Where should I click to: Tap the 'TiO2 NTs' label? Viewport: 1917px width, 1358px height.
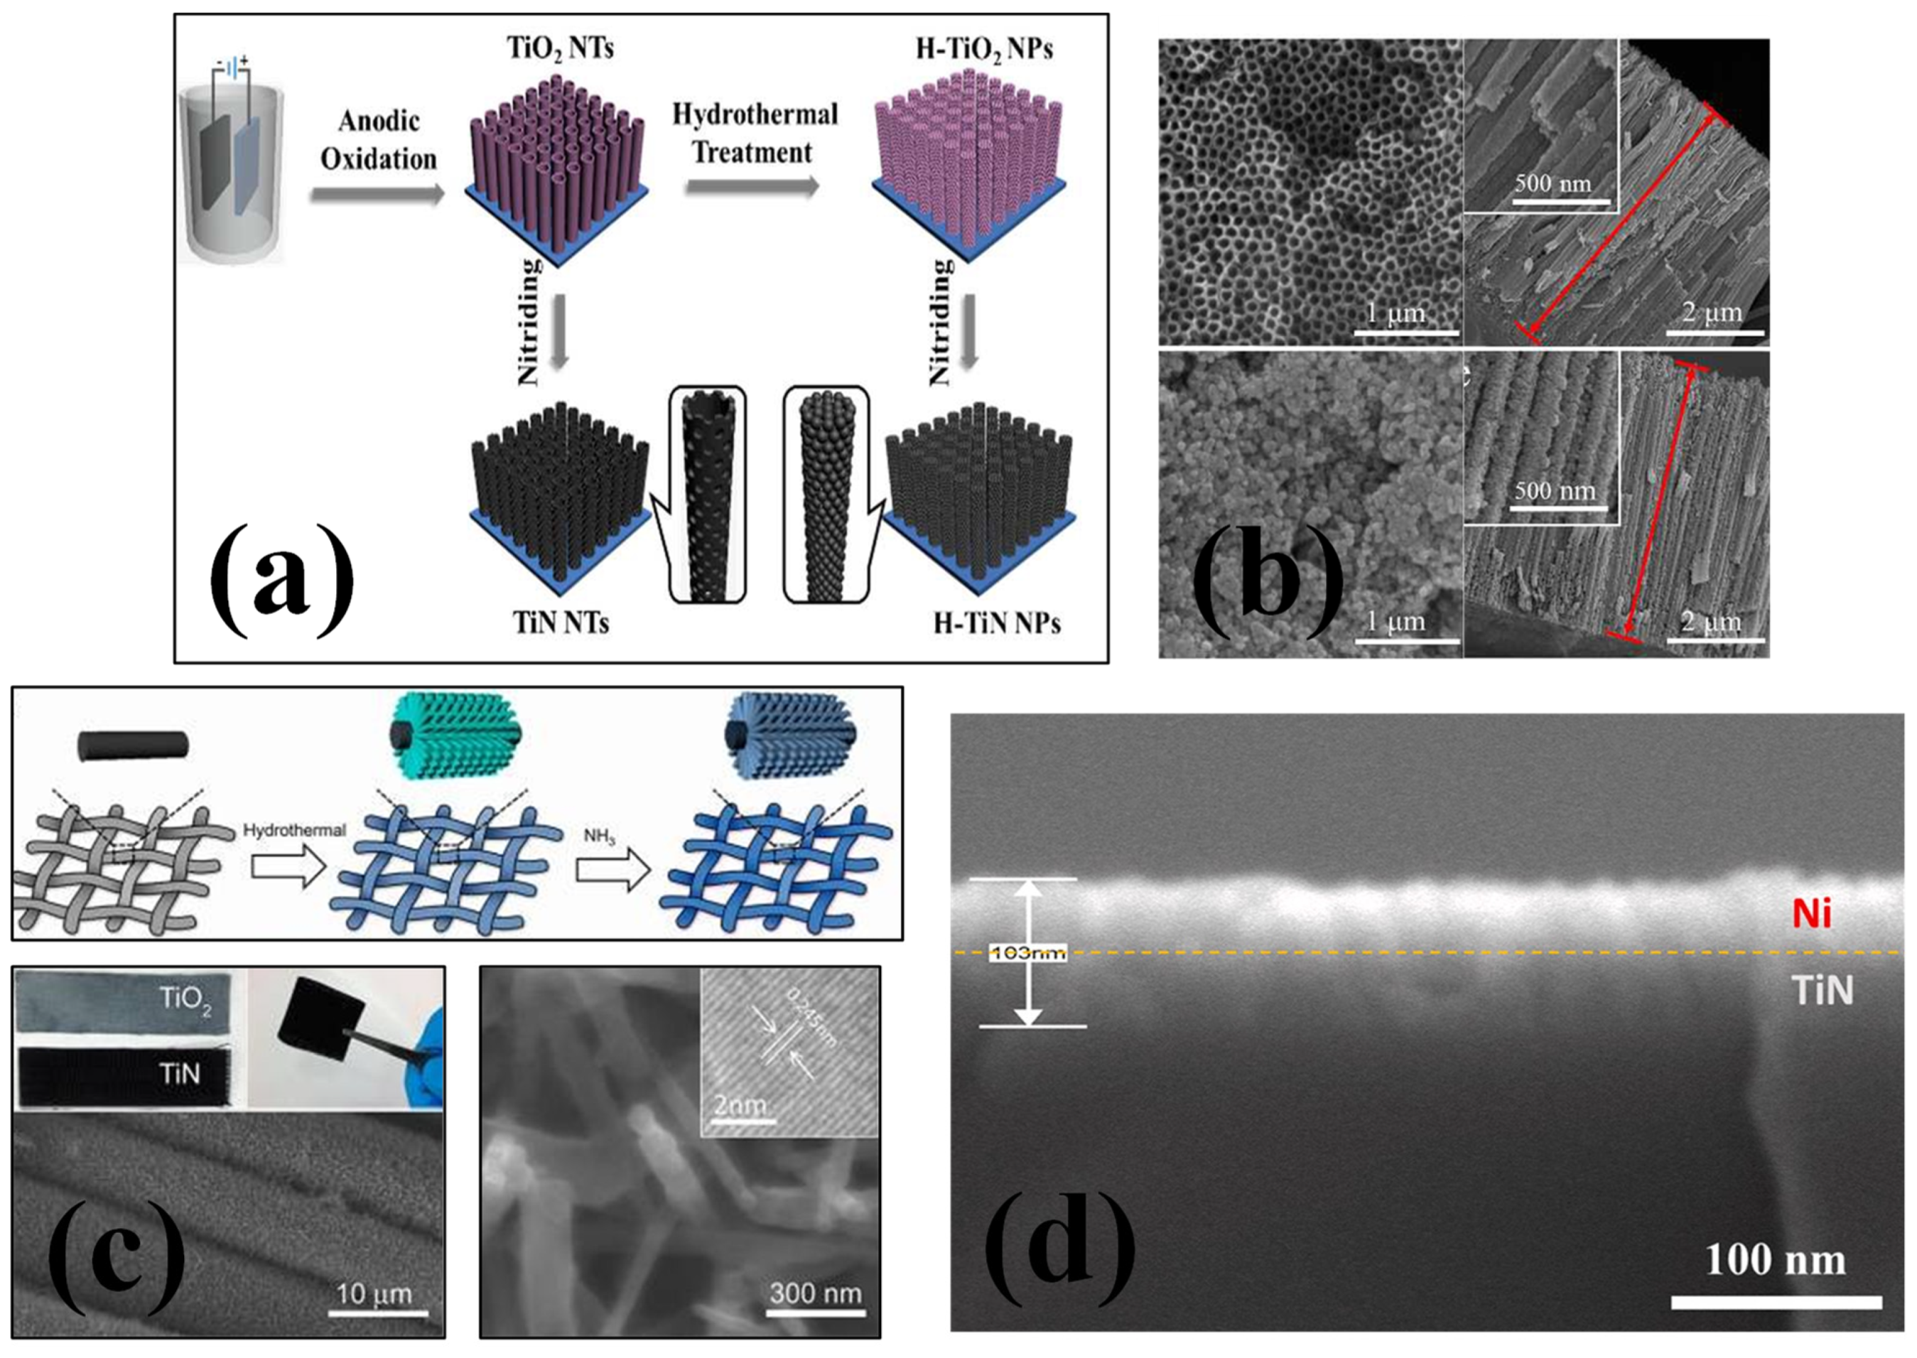tap(560, 48)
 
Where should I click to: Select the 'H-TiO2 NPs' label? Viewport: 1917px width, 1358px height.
tap(984, 48)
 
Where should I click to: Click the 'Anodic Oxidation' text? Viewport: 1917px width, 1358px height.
tap(378, 140)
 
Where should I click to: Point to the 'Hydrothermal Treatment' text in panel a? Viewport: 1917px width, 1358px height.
tap(754, 133)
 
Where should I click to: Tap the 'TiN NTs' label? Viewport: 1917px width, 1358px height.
tap(560, 623)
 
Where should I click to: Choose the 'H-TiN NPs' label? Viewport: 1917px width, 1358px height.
tap(997, 623)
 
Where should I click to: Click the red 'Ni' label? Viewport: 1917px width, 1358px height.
tap(1811, 914)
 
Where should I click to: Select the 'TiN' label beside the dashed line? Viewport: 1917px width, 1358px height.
tap(1823, 991)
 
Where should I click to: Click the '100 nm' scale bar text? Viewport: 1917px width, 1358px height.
tap(1775, 1260)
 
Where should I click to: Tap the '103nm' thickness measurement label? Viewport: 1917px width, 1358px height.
tap(1027, 953)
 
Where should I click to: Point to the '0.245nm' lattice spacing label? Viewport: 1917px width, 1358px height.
tap(811, 1018)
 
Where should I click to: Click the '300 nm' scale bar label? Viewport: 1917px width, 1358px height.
tap(816, 1294)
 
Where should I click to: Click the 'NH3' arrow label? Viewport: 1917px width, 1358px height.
tap(599, 835)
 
